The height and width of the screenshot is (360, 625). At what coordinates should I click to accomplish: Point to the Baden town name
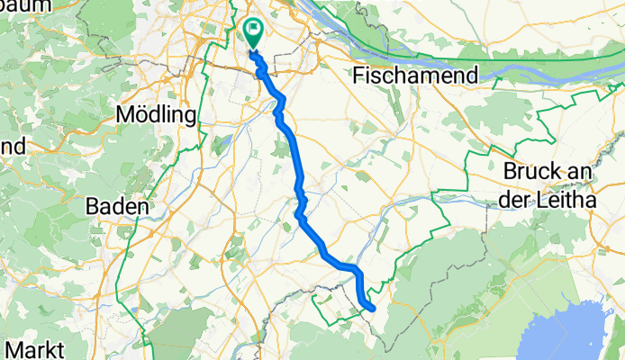[x=116, y=206]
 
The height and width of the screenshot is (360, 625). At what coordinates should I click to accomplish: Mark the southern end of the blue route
[x=371, y=309]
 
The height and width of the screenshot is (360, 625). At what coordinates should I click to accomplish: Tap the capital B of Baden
[x=92, y=206]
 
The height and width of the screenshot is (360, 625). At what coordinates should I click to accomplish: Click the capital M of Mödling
[x=125, y=116]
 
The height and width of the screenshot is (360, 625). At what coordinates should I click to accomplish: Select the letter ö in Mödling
[x=140, y=116]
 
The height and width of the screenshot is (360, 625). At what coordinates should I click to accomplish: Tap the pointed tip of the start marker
[x=252, y=49]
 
